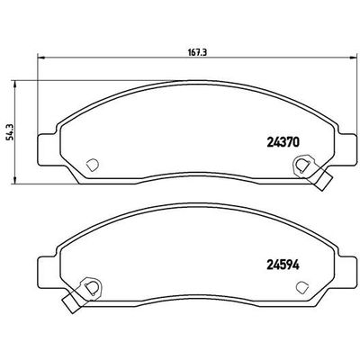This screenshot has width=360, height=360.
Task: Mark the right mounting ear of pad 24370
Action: coord(344,145)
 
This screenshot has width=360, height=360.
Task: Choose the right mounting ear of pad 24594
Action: coord(344,267)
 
